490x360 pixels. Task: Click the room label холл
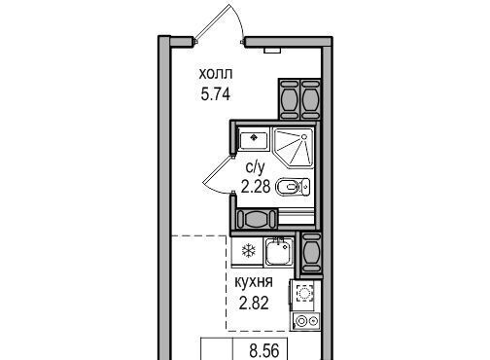(x=216, y=74)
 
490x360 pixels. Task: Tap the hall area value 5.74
(x=216, y=94)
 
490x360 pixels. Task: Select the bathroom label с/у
(x=256, y=167)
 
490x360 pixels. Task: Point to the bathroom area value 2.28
(x=256, y=187)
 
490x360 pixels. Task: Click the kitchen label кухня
(x=254, y=282)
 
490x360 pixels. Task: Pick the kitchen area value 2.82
(x=254, y=304)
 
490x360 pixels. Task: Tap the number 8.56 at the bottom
(x=264, y=351)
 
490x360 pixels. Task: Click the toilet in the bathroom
(x=293, y=187)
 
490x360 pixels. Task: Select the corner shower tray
(x=294, y=148)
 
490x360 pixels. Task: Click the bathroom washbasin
(x=254, y=139)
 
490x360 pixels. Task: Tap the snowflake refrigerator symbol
(x=249, y=251)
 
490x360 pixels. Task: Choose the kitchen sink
(x=279, y=252)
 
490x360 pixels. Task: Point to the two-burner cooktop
(x=306, y=321)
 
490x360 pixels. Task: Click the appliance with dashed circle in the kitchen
(x=304, y=294)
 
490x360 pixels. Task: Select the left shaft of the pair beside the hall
(x=289, y=99)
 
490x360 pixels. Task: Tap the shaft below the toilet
(x=257, y=219)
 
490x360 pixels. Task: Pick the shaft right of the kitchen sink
(x=311, y=253)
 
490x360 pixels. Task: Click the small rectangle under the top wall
(x=272, y=51)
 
